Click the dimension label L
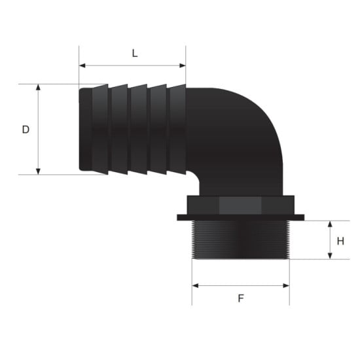[x=134, y=54]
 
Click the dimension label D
[x=26, y=130]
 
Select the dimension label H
[x=340, y=240]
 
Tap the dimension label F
[x=240, y=298]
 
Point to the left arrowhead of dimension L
[x=82, y=65]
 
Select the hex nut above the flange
[x=241, y=204]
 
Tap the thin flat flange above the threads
[x=241, y=217]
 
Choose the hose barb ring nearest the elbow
[x=177, y=129]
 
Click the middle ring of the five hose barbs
[x=139, y=129]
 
